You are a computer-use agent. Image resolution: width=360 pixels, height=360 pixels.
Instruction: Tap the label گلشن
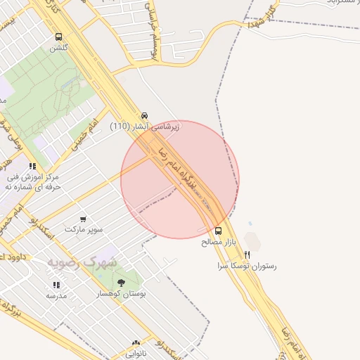click(59, 49)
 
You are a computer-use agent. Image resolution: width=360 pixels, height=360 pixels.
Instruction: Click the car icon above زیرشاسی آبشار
click(144, 115)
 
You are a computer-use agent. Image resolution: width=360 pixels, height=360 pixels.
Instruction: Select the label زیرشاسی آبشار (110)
click(145, 127)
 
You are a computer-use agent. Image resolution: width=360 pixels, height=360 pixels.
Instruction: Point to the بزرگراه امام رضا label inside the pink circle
click(181, 171)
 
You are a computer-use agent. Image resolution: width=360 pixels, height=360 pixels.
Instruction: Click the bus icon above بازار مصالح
click(218, 231)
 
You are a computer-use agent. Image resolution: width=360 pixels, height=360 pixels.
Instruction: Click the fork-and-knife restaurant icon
click(247, 255)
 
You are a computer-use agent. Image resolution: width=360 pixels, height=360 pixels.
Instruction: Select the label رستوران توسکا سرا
click(247, 266)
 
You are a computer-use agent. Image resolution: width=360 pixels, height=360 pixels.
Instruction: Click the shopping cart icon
click(84, 219)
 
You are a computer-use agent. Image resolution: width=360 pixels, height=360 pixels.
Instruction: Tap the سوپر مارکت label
click(84, 230)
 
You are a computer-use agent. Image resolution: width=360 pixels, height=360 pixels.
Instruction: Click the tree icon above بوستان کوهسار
click(121, 283)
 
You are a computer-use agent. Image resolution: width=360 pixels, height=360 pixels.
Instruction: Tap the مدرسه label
click(56, 296)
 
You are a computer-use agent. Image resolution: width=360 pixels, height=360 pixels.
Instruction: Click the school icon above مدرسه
click(56, 285)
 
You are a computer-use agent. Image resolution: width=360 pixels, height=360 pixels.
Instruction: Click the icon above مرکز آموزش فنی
click(32, 167)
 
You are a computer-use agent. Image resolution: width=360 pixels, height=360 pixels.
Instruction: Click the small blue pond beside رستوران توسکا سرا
click(249, 224)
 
